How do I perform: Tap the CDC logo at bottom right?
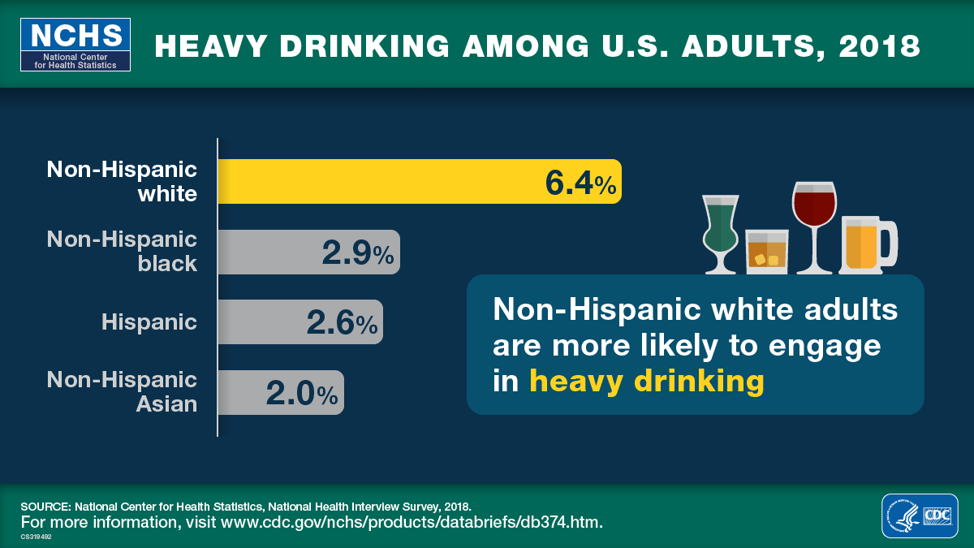coord(920,516)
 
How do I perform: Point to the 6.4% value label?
coord(580,183)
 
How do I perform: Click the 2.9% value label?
coord(357,253)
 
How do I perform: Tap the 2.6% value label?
coord(341,323)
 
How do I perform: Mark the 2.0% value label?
coord(301,394)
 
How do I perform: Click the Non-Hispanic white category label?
coord(122,181)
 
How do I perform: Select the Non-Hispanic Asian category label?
coord(122,391)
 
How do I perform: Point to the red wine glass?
coord(813,219)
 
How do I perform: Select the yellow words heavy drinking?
coord(646,381)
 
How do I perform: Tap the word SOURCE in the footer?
coord(45,505)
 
